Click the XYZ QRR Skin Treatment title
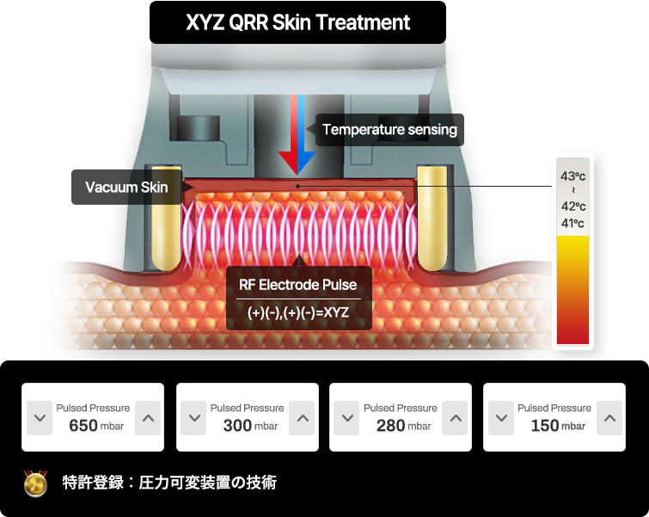tap(297, 22)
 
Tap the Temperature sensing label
tap(389, 130)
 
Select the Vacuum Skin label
tap(126, 188)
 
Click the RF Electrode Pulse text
tap(298, 285)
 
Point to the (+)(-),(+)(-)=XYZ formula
tap(298, 312)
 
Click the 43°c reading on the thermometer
tap(572, 176)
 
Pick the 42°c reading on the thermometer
tap(573, 206)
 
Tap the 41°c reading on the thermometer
tap(572, 224)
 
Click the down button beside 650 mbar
tap(40, 418)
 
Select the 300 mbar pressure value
tap(250, 426)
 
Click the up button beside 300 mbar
tap(302, 418)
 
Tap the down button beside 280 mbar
tap(346, 418)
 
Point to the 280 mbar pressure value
tap(403, 426)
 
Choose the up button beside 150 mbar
tap(609, 418)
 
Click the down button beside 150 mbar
tap(501, 418)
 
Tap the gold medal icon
tap(35, 483)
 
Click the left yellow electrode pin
tap(167, 218)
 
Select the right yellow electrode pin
tap(432, 218)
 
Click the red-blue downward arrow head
tap(297, 163)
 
